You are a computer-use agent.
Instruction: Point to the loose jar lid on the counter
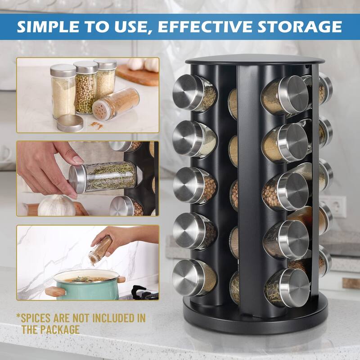click(70, 123)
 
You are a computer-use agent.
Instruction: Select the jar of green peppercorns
click(86, 88)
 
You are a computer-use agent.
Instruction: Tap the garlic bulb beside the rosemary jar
click(56, 206)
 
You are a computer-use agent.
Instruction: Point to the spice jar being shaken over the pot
click(100, 251)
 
